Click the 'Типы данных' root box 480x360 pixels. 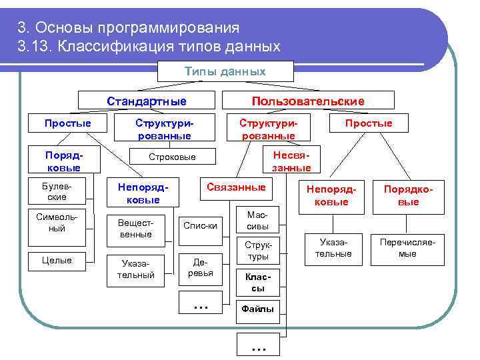pos(225,72)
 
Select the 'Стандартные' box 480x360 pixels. pos(147,101)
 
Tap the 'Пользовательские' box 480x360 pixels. pos(307,101)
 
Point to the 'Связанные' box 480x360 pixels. pos(236,187)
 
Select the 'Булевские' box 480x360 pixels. pos(57,192)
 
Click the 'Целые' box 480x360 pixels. pos(57,260)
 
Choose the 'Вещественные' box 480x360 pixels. pos(135,229)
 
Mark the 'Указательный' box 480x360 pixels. pos(135,269)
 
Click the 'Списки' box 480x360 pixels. pos(200,225)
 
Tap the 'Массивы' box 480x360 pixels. pos(257,221)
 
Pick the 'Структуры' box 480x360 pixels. pos(257,251)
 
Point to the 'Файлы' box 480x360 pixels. pos(257,309)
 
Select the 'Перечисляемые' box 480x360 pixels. pos(407,249)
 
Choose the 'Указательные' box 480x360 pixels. pos(333,249)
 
